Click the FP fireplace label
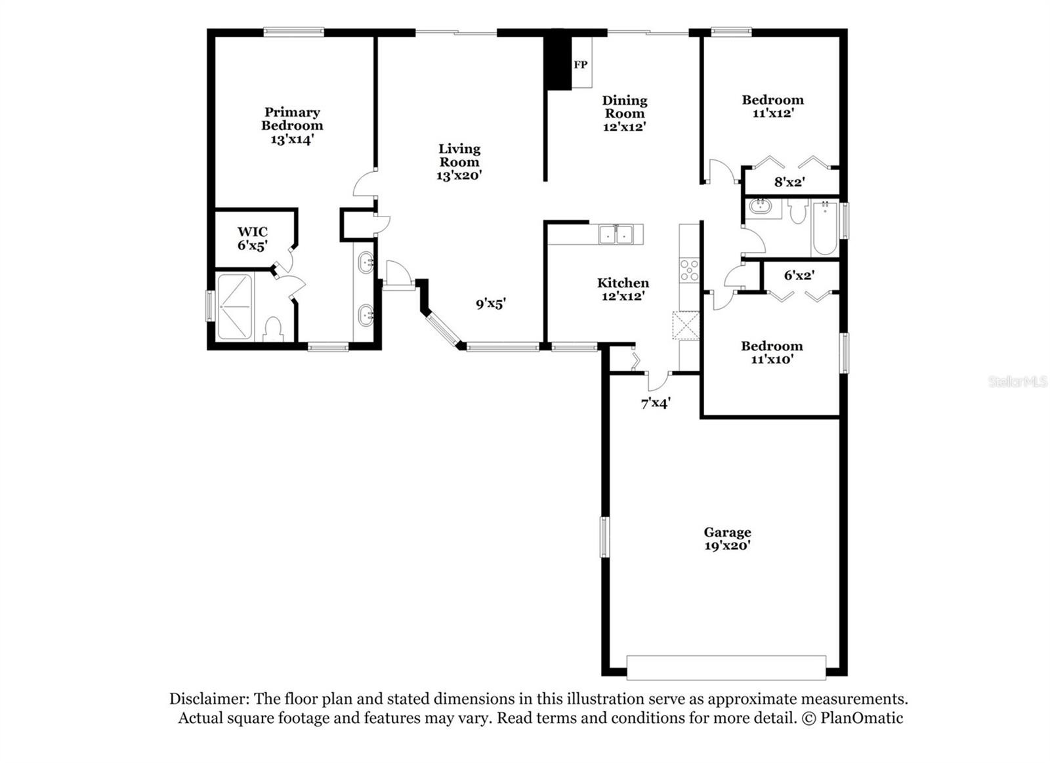point(580,65)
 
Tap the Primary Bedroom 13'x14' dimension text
point(292,139)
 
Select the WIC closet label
point(253,232)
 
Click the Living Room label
point(459,155)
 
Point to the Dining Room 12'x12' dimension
point(625,127)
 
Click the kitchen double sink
point(616,234)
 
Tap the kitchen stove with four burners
point(689,270)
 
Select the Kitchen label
point(623,283)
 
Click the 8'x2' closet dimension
point(790,182)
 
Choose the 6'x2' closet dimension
point(799,275)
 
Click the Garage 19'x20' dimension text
point(728,546)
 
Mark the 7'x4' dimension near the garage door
point(656,403)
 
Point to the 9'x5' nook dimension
point(491,304)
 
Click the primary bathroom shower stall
point(236,306)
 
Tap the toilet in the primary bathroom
point(273,329)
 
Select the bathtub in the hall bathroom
point(826,228)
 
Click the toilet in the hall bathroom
point(797,211)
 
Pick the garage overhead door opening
point(726,667)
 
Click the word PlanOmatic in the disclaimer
point(862,718)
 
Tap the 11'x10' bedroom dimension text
point(772,359)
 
